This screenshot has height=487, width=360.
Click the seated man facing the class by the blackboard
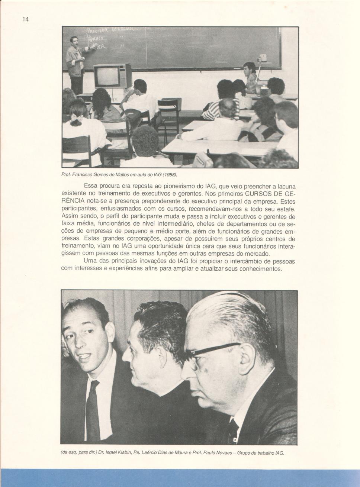click(250, 77)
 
